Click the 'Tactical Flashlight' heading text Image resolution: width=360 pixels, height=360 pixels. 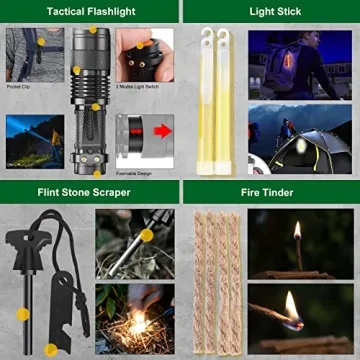89,10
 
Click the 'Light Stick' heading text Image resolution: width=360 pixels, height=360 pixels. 269,10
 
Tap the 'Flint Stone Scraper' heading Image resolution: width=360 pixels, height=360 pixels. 89,191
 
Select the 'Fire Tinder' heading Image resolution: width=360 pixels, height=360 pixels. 269,191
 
